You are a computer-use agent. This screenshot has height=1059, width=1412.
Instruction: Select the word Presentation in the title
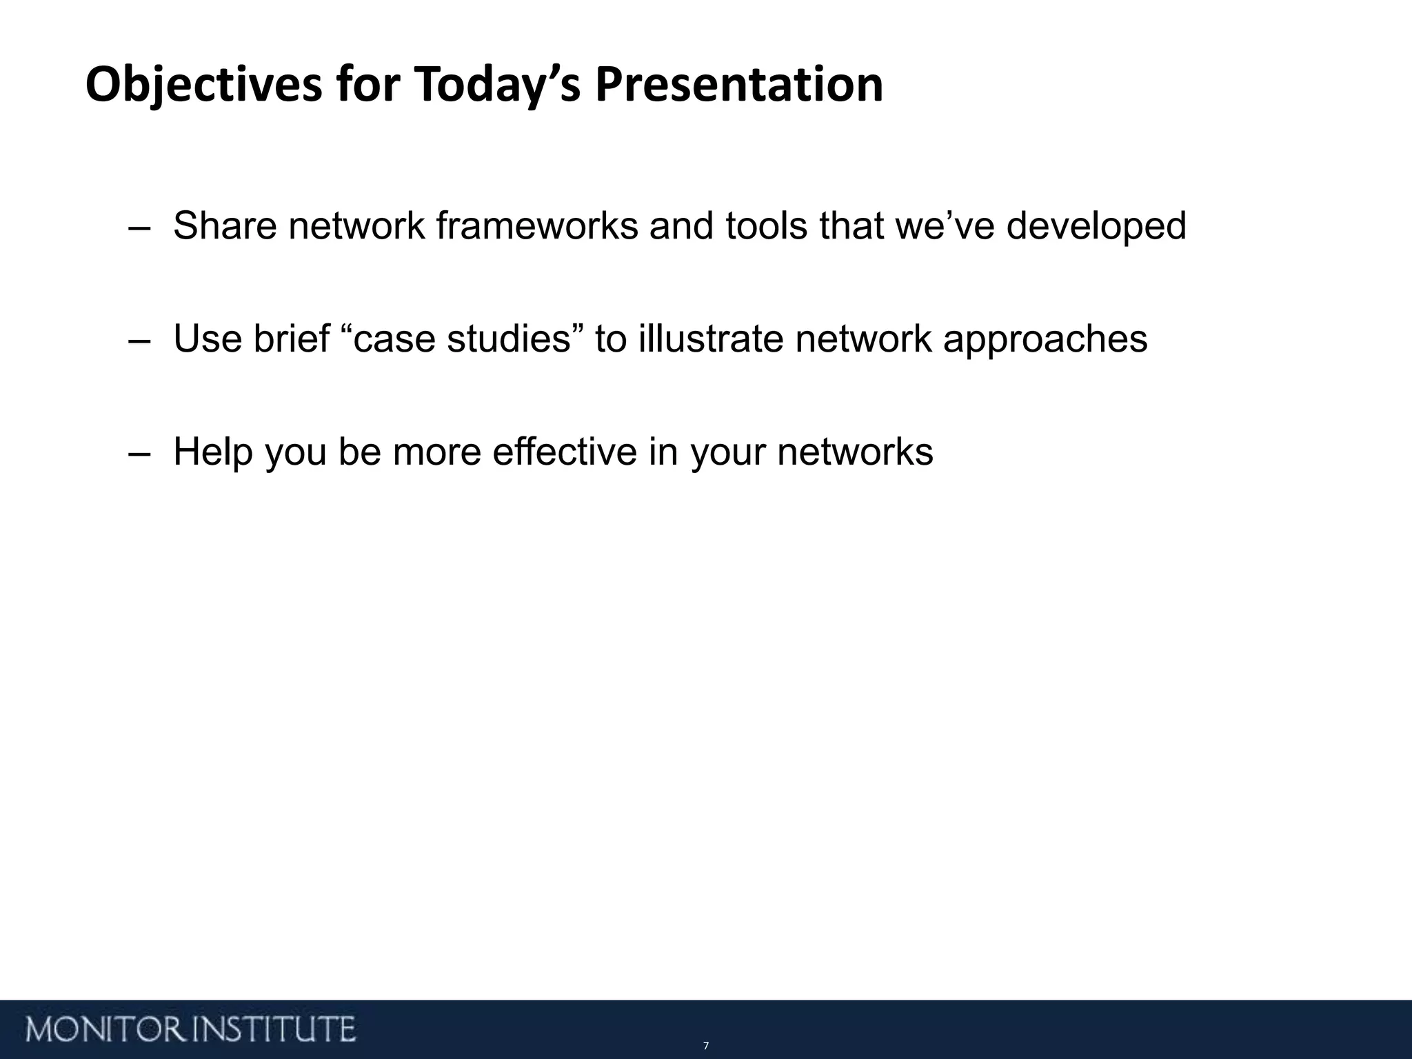tap(738, 85)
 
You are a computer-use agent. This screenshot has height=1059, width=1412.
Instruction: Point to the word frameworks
tap(537, 226)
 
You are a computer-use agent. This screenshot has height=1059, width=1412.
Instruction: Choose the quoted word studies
tap(510, 339)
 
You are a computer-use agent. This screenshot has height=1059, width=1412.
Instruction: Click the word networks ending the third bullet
tap(855, 452)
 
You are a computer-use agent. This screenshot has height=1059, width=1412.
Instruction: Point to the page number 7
tap(705, 1046)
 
